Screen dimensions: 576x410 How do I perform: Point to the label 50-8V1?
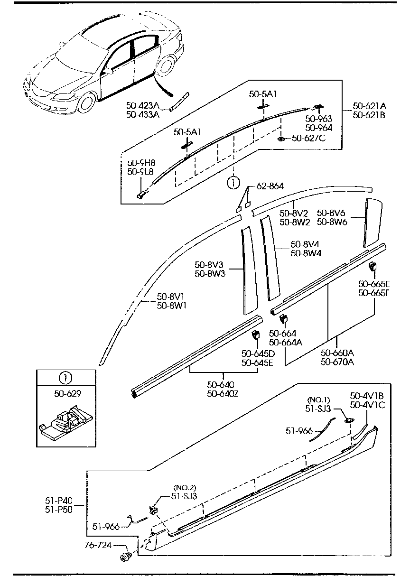click(171, 297)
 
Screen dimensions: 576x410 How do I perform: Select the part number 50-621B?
click(369, 114)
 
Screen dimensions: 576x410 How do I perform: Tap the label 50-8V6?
click(331, 213)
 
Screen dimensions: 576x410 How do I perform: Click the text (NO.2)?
click(185, 487)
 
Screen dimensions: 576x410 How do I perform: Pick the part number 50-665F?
click(373, 292)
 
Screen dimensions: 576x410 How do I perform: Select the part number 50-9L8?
click(140, 172)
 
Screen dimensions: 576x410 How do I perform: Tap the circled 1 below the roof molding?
click(233, 182)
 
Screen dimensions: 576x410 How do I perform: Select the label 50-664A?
click(286, 342)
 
